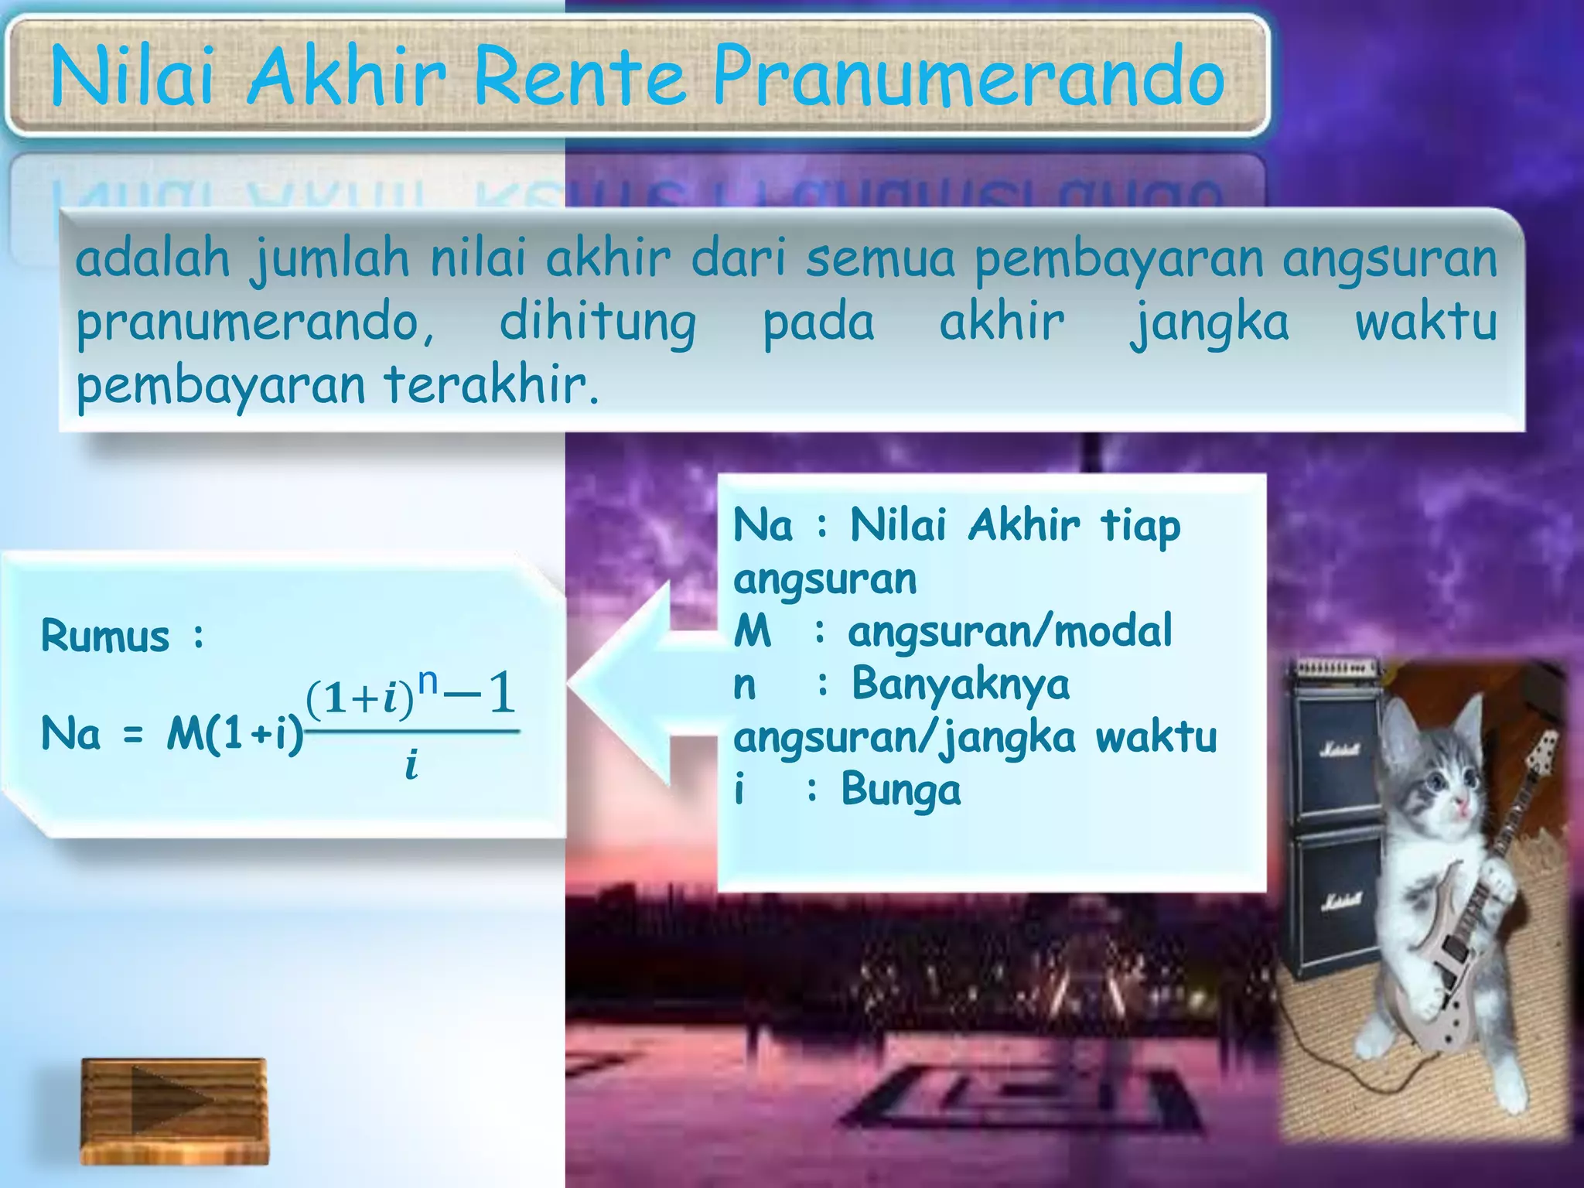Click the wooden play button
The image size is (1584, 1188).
[x=175, y=1111]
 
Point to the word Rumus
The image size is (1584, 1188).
[x=105, y=637]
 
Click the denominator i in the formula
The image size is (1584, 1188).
[x=411, y=766]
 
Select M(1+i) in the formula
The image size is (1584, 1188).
[x=235, y=733]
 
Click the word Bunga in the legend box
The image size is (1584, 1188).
[x=901, y=790]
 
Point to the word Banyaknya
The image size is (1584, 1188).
[x=961, y=684]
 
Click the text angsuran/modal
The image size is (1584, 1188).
[x=1010, y=632]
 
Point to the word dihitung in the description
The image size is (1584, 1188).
[x=597, y=323]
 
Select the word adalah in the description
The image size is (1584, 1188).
[x=152, y=258]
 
